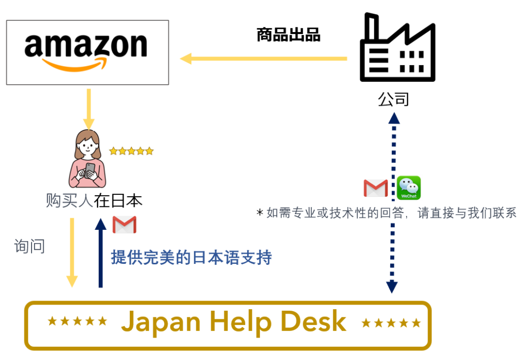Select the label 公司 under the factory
393,99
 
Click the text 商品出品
288,35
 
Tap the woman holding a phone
88,159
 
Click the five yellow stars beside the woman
131,151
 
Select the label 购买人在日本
94,200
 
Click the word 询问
30,246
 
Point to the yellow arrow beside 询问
72,252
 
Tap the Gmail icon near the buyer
125,225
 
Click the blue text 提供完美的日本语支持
191,257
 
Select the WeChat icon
409,188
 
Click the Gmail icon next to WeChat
375,188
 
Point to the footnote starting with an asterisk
386,213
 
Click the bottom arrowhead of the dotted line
392,287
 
